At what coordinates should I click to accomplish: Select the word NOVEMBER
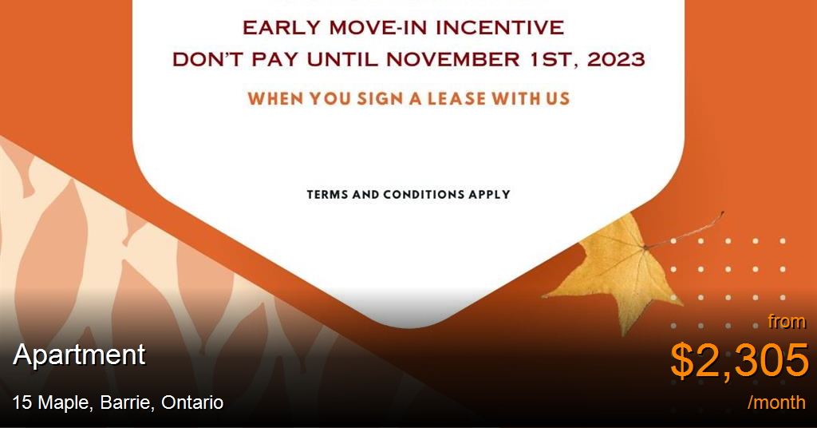(x=453, y=59)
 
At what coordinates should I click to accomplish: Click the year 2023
(x=617, y=59)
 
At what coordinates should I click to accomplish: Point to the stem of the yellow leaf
(x=685, y=230)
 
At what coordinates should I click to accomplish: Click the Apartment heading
(x=79, y=356)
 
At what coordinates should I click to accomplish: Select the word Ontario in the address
(x=192, y=403)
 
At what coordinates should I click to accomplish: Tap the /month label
(x=776, y=402)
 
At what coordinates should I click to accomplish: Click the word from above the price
(x=787, y=322)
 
